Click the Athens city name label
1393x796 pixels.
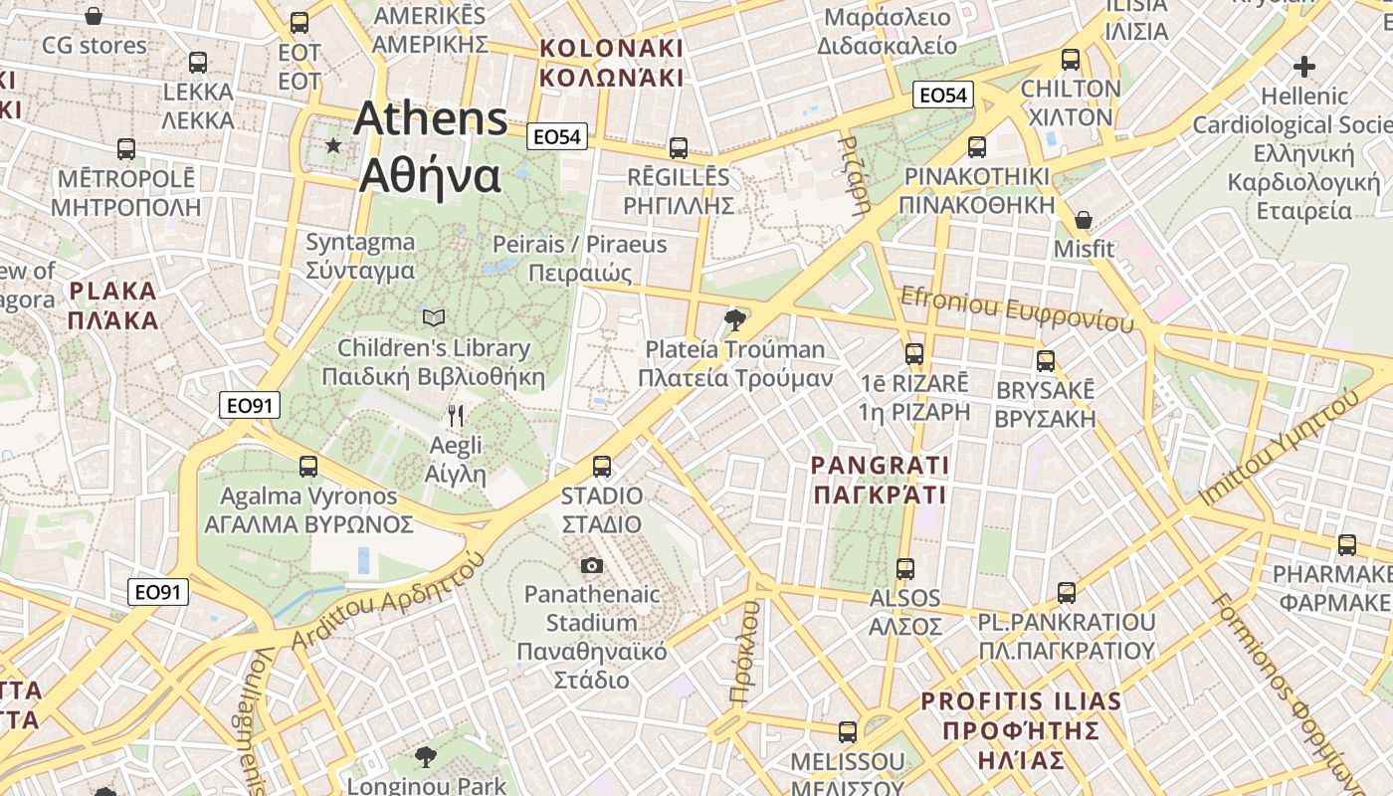pyautogui.click(x=430, y=146)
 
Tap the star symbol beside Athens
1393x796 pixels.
pyautogui.click(x=332, y=146)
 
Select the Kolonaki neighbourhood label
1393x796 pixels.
pyautogui.click(x=610, y=63)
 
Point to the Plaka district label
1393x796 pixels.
pyautogui.click(x=113, y=305)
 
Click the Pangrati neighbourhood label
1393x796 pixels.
pyautogui.click(x=880, y=480)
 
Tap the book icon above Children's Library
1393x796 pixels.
pyautogui.click(x=433, y=317)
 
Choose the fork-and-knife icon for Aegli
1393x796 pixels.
pyautogui.click(x=456, y=415)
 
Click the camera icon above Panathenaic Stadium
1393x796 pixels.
pyautogui.click(x=592, y=565)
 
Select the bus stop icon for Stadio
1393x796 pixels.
pyautogui.click(x=601, y=466)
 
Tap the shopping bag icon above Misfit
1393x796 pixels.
pyautogui.click(x=1084, y=219)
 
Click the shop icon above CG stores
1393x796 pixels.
pyautogui.click(x=94, y=16)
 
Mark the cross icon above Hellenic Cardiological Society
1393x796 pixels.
pyautogui.click(x=1303, y=67)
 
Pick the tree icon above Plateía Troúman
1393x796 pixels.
pyautogui.click(x=735, y=319)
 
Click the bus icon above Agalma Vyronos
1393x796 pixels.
pyautogui.click(x=308, y=466)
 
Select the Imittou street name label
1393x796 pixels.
pyautogui.click(x=1278, y=448)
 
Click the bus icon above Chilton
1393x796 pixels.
pyautogui.click(x=1071, y=60)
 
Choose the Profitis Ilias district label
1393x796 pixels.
pyautogui.click(x=1021, y=730)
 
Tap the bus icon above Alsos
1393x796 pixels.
pyautogui.click(x=905, y=569)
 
